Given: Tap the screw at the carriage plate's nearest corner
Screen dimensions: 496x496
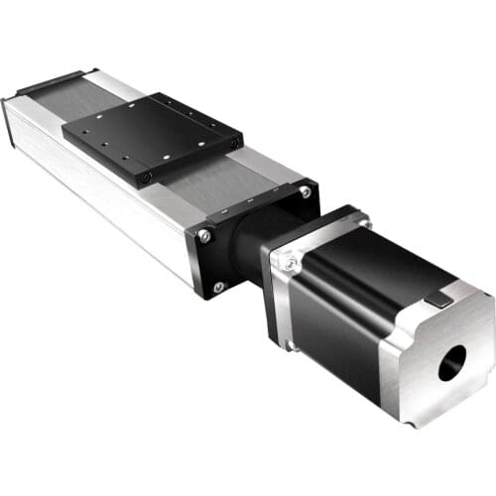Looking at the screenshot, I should (146, 177).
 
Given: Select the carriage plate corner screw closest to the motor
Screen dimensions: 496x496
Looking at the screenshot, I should (234, 144).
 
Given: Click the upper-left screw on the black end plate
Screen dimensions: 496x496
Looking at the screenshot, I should (205, 235).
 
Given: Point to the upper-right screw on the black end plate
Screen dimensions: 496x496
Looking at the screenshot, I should (305, 192).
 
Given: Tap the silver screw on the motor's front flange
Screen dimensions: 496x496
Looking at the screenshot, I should (289, 263).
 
